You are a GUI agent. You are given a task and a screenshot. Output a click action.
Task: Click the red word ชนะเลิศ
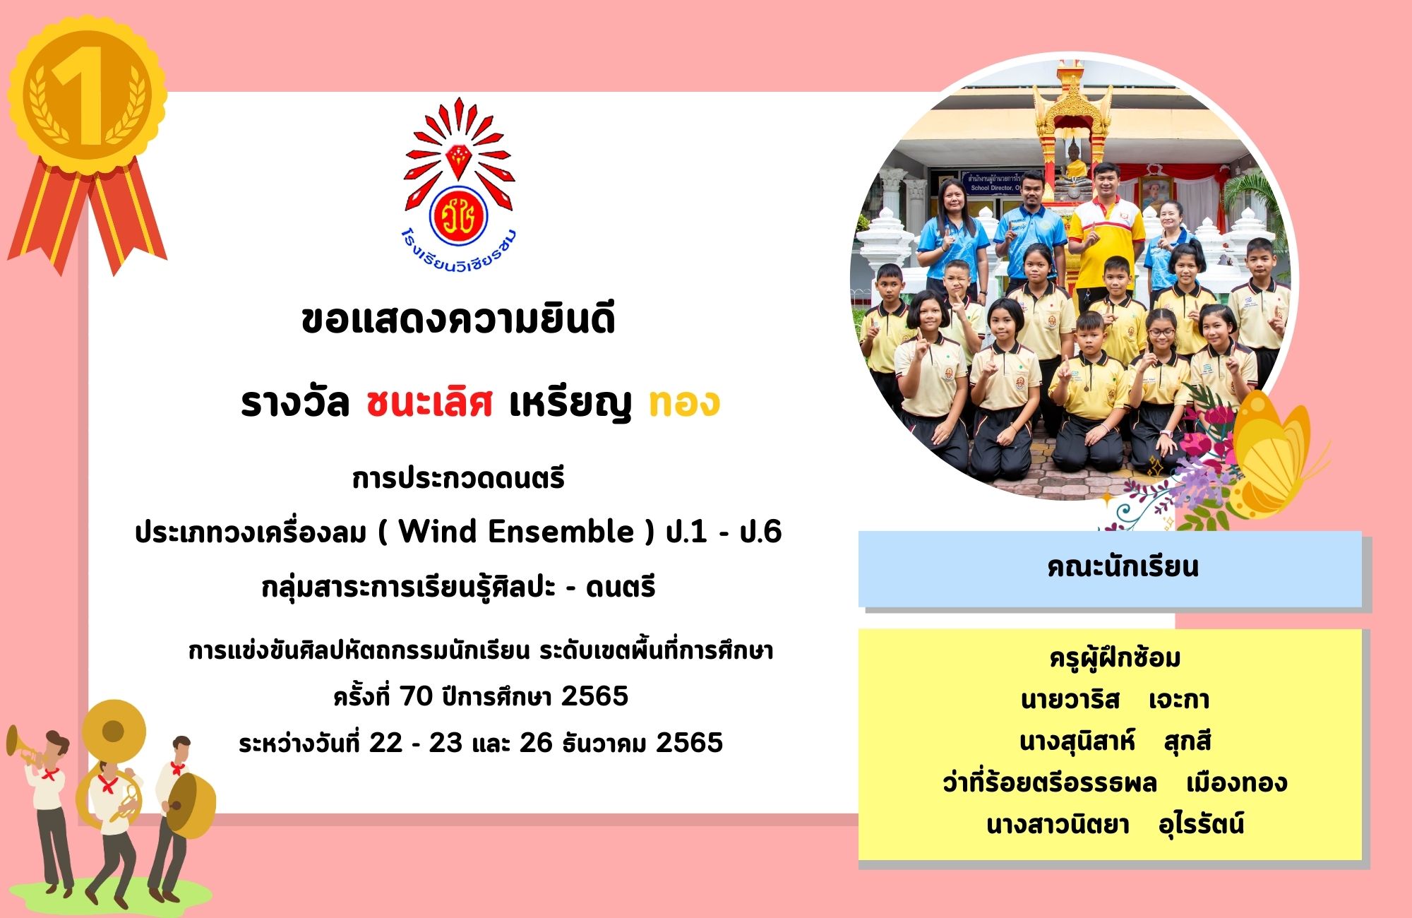point(429,403)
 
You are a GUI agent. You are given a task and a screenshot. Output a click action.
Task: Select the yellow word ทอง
point(683,403)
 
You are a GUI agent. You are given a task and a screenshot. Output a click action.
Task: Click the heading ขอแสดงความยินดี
point(458,319)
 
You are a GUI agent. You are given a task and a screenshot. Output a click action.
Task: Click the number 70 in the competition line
point(416,696)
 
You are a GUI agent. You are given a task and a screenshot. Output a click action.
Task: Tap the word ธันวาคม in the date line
point(604,743)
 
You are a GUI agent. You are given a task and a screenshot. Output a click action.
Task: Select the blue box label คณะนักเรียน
point(1123,567)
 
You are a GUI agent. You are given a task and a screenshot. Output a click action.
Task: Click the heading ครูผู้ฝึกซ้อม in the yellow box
point(1115,658)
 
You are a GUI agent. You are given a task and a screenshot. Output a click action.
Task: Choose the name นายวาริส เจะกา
point(1115,700)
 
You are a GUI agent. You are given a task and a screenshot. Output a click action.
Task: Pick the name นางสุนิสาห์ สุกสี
point(1115,741)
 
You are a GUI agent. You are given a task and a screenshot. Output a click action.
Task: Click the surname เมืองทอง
point(1237,783)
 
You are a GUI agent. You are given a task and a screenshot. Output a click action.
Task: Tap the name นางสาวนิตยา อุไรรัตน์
point(1115,825)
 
